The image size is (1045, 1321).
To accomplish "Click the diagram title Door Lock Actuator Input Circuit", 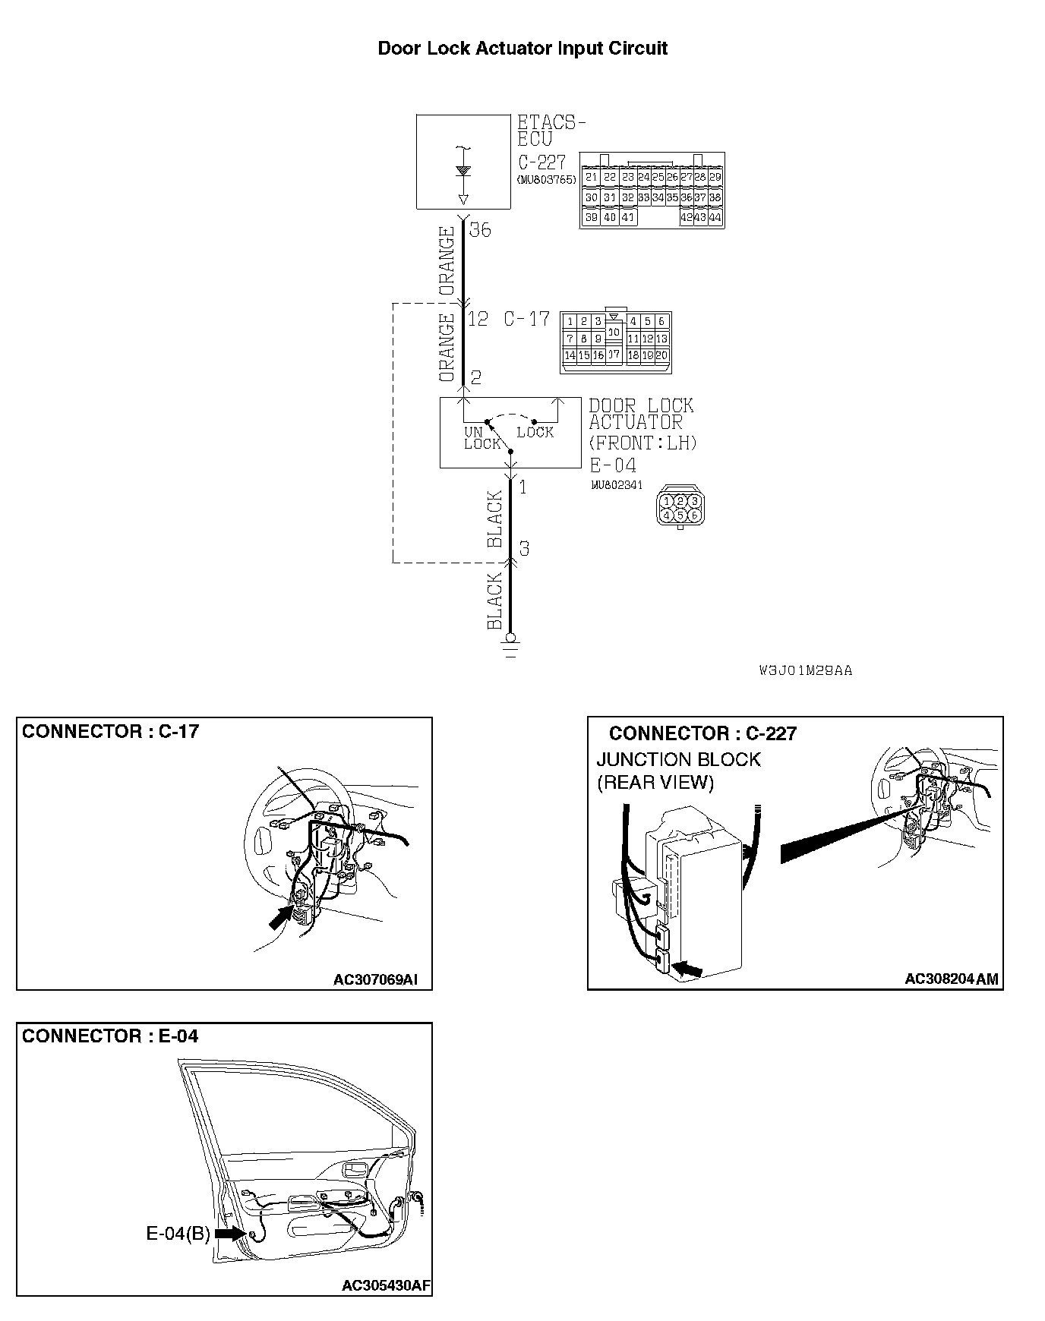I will pos(522,49).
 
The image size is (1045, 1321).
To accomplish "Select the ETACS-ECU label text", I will pos(551,131).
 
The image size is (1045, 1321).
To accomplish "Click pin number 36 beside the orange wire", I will pos(480,229).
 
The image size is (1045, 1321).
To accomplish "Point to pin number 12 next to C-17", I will pos(478,319).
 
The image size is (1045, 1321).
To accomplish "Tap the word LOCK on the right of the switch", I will pos(535,432).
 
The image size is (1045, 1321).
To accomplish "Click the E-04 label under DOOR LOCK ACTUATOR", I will pos(613,465).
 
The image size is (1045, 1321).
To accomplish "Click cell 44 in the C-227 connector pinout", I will pos(715,217).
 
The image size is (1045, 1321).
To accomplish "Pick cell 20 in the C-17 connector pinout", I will pos(661,355).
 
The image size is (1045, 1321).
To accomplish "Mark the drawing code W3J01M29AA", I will pos(806,670).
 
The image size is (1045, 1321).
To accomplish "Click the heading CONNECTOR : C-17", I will pos(110,731).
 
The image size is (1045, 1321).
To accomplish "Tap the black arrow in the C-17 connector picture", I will pos(281,916).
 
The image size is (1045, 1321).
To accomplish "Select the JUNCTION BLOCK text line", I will pos(678,759).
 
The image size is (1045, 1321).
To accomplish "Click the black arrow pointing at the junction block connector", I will pos(690,969).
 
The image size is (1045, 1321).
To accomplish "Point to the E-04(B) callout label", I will pos(178,1234).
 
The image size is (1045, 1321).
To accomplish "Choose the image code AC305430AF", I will pos(386,1285).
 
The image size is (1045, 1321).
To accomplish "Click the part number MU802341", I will pos(616,484).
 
